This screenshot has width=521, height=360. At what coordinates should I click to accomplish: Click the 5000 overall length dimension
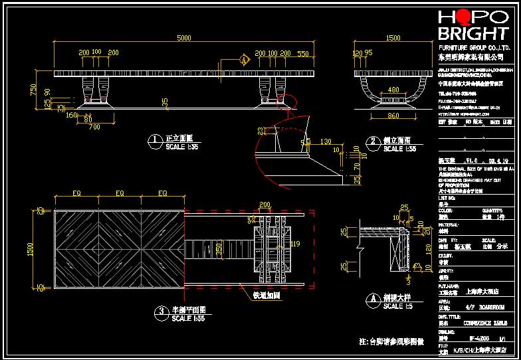pyautogui.click(x=184, y=38)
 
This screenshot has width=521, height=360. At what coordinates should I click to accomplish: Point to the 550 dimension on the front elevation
pyautogui.click(x=303, y=52)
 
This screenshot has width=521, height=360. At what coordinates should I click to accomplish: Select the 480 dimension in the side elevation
pyautogui.click(x=393, y=90)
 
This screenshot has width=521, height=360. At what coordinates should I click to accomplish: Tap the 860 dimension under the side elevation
pyautogui.click(x=393, y=116)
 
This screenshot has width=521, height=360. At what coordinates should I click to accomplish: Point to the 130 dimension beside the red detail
pyautogui.click(x=326, y=141)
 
